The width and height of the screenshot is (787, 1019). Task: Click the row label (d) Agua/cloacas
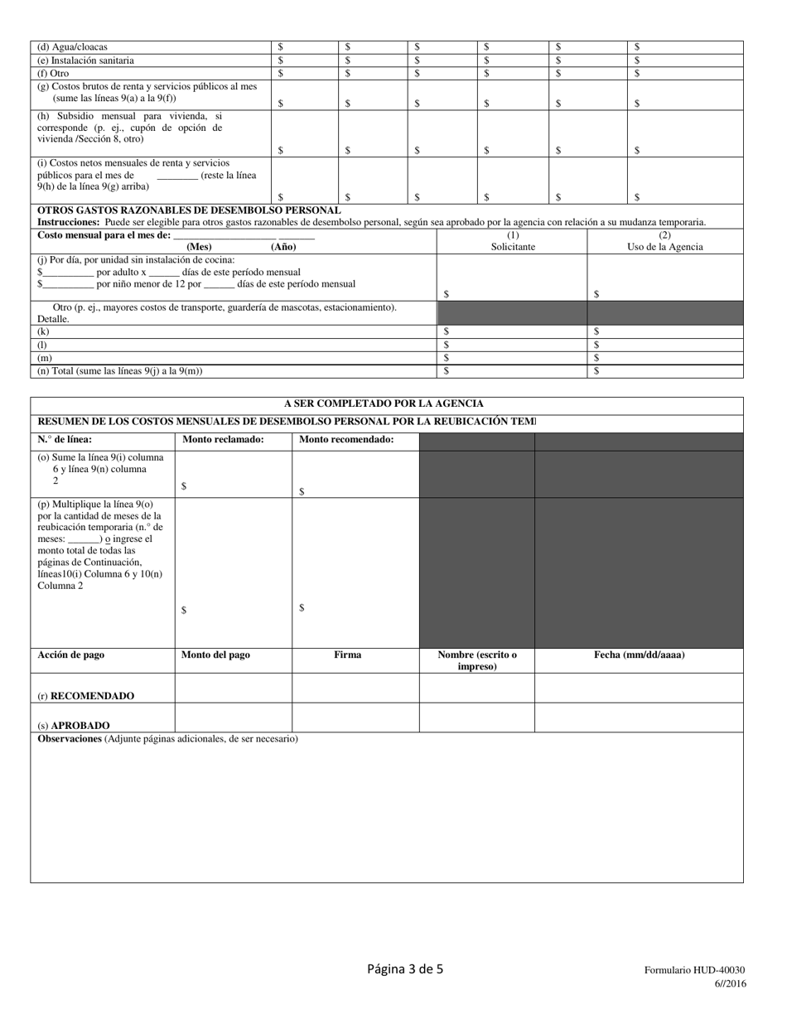(72, 47)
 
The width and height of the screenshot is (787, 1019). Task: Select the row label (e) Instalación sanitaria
(85, 60)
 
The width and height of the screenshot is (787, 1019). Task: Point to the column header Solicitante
(513, 247)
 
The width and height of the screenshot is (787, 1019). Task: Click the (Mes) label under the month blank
(199, 247)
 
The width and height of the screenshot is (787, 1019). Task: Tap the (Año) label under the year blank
(283, 247)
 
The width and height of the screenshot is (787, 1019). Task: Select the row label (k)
(43, 331)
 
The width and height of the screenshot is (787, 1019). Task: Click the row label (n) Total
(119, 371)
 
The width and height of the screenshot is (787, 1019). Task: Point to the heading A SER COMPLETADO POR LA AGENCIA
(384, 403)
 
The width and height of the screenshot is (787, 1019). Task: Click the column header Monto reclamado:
(223, 440)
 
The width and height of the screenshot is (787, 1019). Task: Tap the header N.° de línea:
(65, 440)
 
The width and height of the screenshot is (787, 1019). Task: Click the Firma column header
(347, 654)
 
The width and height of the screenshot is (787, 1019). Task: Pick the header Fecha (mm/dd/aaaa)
(639, 654)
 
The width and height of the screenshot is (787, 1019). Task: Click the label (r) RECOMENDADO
(85, 696)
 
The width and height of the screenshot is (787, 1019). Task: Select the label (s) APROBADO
(74, 725)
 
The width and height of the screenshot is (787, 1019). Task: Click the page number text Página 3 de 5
(405, 968)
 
